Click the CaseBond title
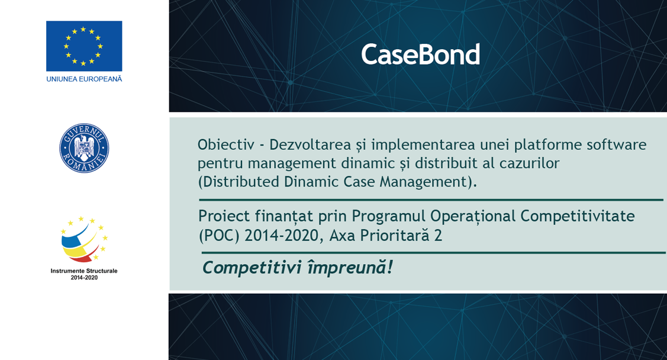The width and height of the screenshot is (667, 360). pos(420,54)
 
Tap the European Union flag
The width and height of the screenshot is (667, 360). pos(84,46)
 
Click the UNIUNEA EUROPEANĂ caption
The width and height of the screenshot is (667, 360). pos(84,79)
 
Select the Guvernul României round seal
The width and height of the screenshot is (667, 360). pos(84,148)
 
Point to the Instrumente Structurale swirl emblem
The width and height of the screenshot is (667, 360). pos(84,240)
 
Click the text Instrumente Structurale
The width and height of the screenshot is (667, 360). pos(84,271)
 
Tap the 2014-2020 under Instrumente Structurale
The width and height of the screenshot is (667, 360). pos(84,278)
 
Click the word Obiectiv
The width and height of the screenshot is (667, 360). pos(226,144)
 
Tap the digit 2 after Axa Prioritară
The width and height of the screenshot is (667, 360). pos(438,235)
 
